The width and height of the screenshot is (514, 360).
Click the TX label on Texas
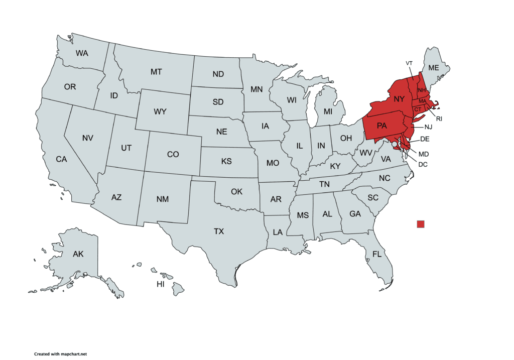click(219, 231)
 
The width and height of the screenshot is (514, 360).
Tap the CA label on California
click(61, 159)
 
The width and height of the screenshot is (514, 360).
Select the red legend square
click(421, 224)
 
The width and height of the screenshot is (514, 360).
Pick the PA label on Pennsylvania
click(381, 126)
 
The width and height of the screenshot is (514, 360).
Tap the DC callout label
click(423, 164)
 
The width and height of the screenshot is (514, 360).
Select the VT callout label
click(409, 63)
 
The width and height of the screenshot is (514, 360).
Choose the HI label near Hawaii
click(161, 284)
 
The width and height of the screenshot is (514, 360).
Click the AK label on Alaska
click(78, 254)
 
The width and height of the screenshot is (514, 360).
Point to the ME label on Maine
click(433, 68)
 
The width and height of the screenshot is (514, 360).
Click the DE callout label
click(425, 139)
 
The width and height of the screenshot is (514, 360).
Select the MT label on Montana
click(156, 72)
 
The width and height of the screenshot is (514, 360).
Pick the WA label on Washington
click(82, 53)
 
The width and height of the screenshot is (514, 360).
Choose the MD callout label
click(424, 154)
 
